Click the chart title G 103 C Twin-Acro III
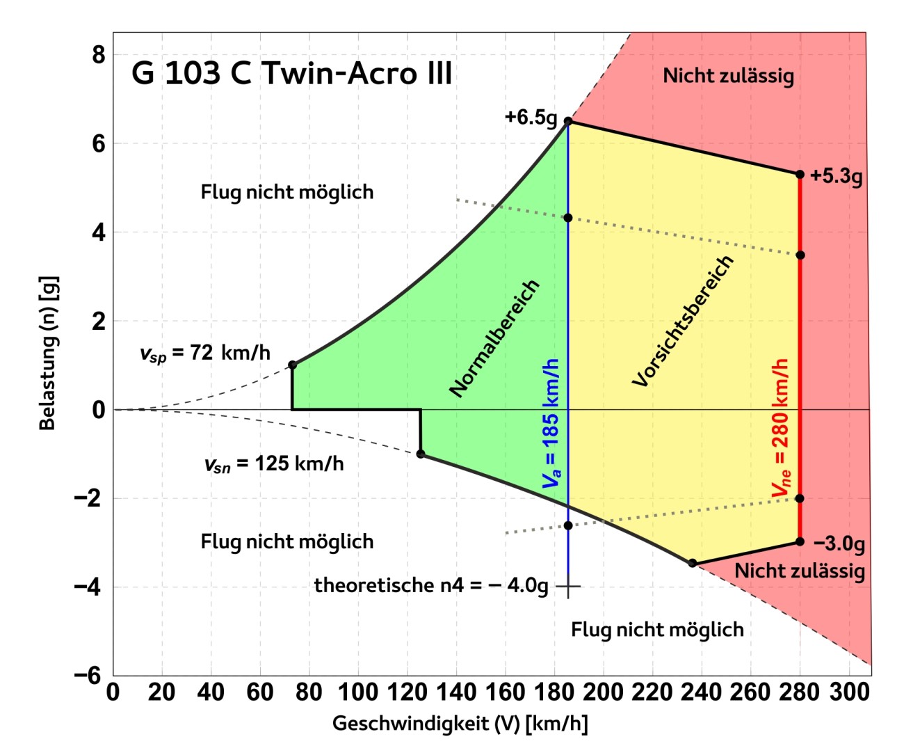click(292, 74)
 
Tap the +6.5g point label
click(531, 117)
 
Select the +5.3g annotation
click(836, 176)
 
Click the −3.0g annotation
click(839, 543)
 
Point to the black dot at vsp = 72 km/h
click(292, 365)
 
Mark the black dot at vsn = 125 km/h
click(420, 454)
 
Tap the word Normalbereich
click(494, 338)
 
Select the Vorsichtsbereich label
click(683, 321)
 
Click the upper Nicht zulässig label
click(728, 75)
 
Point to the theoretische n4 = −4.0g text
click(431, 585)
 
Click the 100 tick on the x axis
click(357, 692)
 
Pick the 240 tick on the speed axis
click(701, 692)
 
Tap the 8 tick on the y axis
click(99, 54)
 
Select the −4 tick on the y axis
click(91, 587)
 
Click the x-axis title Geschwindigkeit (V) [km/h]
click(460, 724)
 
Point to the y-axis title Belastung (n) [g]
click(47, 353)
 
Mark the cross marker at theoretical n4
click(568, 587)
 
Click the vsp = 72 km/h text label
click(204, 353)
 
